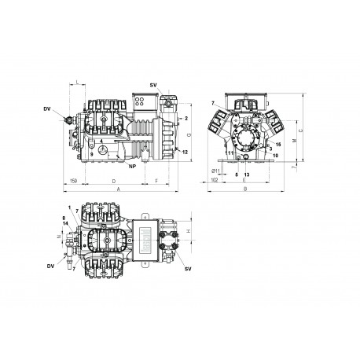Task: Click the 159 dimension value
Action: [x=72, y=181]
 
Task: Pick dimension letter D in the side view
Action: [x=115, y=181]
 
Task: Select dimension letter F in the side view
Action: [x=157, y=181]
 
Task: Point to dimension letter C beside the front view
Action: [x=302, y=128]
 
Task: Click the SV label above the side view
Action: [x=152, y=84]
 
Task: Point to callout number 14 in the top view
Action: [x=65, y=225]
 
